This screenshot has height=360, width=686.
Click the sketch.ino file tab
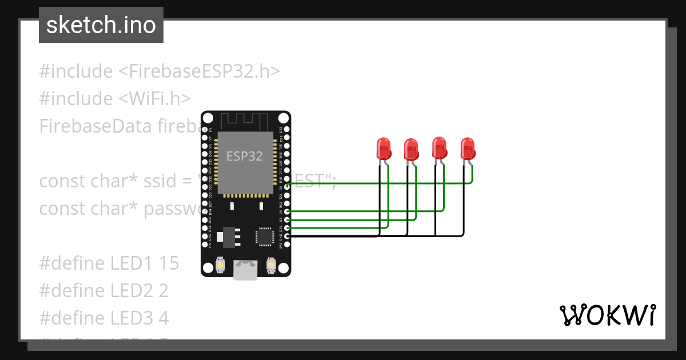pyautogui.click(x=101, y=25)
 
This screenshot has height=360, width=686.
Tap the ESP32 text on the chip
pyautogui.click(x=245, y=156)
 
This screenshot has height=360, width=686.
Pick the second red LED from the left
pyautogui.click(x=411, y=150)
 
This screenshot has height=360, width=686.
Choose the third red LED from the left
pyautogui.click(x=439, y=148)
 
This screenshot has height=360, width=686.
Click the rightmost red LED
pyautogui.click(x=468, y=149)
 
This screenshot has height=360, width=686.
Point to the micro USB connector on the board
pyautogui.click(x=245, y=271)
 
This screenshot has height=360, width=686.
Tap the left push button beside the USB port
pyautogui.click(x=221, y=266)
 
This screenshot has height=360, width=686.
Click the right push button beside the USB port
pyautogui.click(x=271, y=266)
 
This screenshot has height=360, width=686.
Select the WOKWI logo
pyautogui.click(x=608, y=315)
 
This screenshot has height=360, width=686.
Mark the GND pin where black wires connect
pyautogui.click(x=287, y=235)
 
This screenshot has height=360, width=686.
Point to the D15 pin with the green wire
pyautogui.click(x=287, y=228)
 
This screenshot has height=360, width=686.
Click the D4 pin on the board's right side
pyautogui.click(x=287, y=212)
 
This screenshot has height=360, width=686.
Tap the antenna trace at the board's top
pyautogui.click(x=245, y=121)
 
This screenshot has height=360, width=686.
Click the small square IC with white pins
pyautogui.click(x=265, y=235)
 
